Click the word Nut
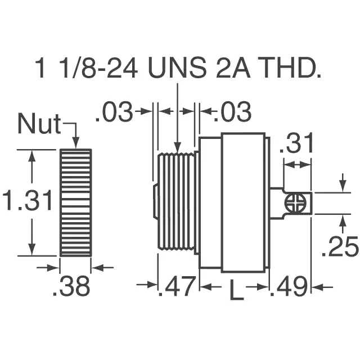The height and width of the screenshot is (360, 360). click(39, 124)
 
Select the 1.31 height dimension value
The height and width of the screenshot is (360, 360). click(28, 200)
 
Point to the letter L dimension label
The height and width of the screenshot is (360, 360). click(236, 290)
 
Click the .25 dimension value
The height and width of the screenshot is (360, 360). click(340, 247)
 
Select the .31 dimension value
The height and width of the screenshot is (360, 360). click(296, 143)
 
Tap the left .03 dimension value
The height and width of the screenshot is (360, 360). click(114, 112)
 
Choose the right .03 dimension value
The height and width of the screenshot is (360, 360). click(232, 112)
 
